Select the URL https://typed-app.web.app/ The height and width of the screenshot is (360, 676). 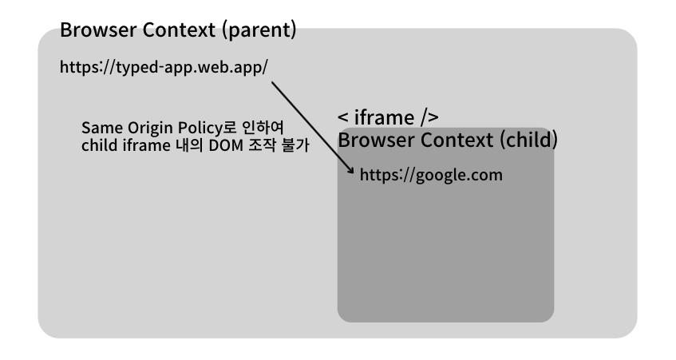coord(164,67)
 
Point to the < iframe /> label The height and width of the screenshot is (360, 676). coord(388,118)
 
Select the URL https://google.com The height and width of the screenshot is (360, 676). coord(431,175)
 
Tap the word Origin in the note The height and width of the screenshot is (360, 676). coord(149,129)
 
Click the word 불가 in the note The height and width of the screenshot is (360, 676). coord(296,146)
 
